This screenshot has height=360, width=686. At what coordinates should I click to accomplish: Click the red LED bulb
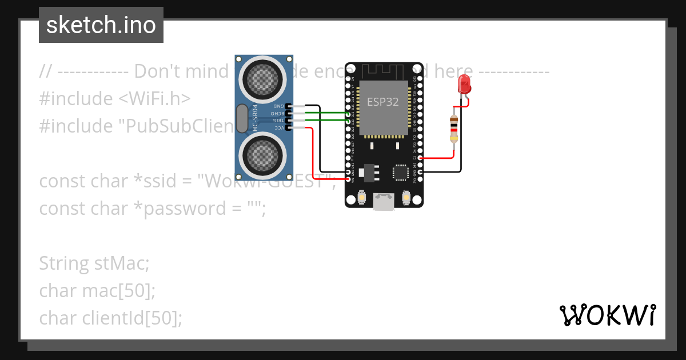465,85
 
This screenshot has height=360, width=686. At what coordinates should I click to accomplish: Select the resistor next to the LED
454,129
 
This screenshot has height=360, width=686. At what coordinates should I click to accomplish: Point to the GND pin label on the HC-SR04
278,106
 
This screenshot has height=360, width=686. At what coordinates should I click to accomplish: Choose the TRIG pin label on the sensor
278,121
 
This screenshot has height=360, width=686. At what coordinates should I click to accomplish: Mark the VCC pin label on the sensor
278,128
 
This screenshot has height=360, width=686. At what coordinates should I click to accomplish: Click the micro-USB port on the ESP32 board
383,201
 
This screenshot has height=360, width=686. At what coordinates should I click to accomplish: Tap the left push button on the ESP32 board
361,198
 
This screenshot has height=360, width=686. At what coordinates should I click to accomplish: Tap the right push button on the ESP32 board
406,198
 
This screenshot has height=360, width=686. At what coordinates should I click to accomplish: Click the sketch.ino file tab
101,25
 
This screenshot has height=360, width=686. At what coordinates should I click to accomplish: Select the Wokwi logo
607,315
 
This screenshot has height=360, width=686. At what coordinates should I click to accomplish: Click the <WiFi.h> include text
154,99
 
